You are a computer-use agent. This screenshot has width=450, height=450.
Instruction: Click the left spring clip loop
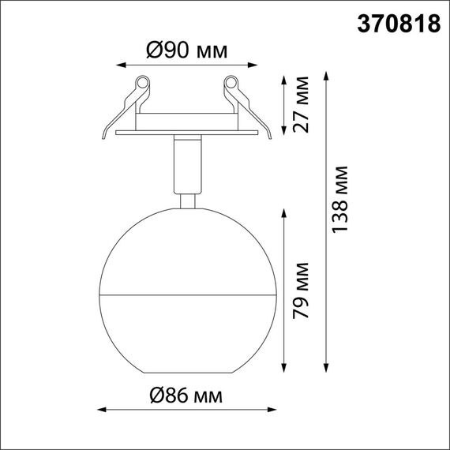143,83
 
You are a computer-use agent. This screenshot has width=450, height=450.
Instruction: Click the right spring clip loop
231,83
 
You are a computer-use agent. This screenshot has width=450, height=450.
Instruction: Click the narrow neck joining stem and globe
187,201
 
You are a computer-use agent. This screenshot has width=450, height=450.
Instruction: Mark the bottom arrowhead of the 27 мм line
284,131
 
